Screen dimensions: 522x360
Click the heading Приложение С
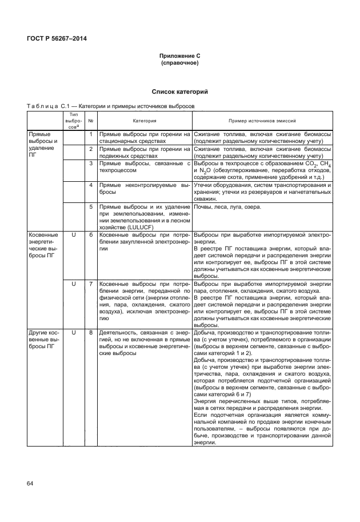tap(179, 56)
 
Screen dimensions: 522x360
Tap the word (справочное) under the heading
tap(179, 63)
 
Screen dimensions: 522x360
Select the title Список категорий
tap(179, 91)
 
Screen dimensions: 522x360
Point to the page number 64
tap(30, 484)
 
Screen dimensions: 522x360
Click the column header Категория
tap(145, 121)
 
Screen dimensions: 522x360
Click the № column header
tap(91, 121)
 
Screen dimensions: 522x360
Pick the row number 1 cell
tap(91, 134)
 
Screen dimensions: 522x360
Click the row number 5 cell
tap(91, 206)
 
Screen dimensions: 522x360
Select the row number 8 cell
tap(91, 332)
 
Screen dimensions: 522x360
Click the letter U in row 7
tap(73, 284)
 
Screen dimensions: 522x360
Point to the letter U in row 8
tap(73, 332)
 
